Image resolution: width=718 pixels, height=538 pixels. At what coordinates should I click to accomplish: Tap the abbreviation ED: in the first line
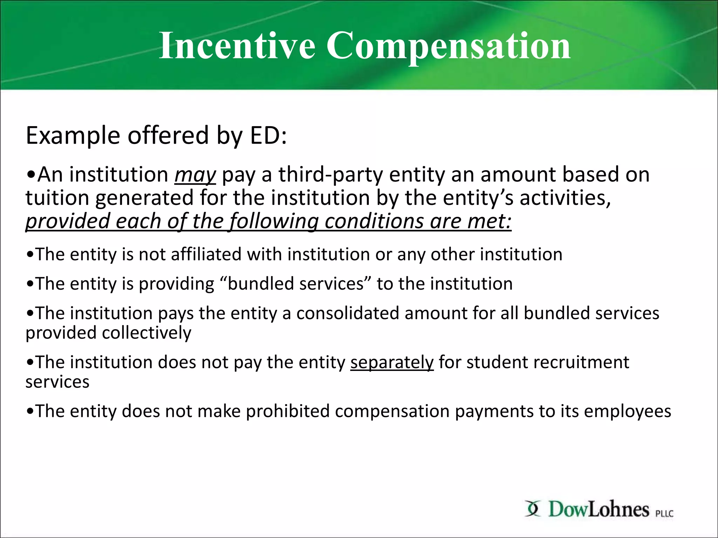(268, 136)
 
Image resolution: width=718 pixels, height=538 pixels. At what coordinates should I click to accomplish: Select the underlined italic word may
(195, 175)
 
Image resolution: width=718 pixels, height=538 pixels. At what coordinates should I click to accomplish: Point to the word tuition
(57, 198)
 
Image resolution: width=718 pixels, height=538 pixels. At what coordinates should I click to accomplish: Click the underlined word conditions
(374, 221)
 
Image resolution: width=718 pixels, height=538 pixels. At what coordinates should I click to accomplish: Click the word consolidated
(347, 313)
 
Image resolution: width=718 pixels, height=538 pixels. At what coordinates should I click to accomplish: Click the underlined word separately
(392, 362)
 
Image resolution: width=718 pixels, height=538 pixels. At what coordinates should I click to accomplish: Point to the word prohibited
(287, 411)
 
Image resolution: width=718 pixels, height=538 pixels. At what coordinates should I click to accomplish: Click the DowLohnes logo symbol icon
(533, 509)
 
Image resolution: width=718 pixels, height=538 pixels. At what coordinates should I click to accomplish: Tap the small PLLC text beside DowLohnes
(664, 513)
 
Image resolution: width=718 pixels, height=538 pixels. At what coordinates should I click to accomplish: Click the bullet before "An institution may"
(31, 175)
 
